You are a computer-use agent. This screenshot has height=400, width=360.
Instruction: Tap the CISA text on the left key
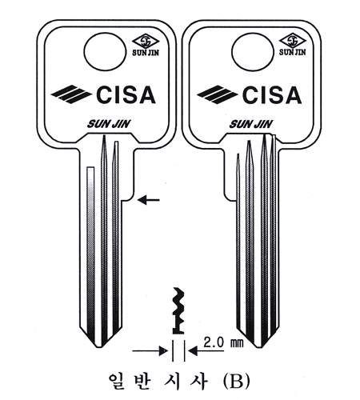(x=126, y=94)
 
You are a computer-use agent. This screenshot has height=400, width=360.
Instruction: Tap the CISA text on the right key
(x=272, y=94)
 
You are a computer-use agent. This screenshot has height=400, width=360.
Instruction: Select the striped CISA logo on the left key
(x=71, y=94)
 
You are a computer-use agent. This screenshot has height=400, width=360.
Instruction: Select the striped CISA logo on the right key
(x=218, y=94)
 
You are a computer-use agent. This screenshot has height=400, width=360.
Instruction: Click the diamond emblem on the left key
(x=146, y=42)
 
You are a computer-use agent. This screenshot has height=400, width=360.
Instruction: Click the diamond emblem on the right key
(x=292, y=41)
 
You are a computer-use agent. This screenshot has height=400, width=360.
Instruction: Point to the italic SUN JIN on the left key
(x=108, y=124)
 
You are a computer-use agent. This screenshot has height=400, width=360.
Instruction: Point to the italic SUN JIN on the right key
(x=251, y=124)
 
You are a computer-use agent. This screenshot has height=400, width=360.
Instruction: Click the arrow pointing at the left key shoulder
(x=149, y=199)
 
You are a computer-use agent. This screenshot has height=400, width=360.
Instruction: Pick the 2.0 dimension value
(x=214, y=342)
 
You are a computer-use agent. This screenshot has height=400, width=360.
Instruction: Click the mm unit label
(x=237, y=343)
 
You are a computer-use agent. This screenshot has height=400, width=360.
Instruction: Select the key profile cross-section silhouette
(x=178, y=310)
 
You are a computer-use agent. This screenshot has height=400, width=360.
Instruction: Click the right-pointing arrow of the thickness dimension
(x=150, y=350)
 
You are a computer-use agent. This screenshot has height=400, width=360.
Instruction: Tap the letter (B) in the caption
(x=236, y=382)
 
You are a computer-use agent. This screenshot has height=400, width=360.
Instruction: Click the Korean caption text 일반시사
(x=158, y=382)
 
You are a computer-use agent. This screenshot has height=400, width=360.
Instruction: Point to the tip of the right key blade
(x=258, y=347)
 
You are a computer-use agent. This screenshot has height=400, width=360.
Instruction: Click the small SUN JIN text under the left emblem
(x=146, y=53)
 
